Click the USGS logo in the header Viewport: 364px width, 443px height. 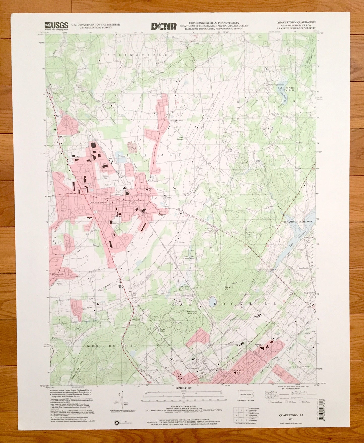[x=56, y=26]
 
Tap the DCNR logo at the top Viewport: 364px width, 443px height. [x=164, y=26]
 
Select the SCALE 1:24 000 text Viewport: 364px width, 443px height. [x=183, y=388]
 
